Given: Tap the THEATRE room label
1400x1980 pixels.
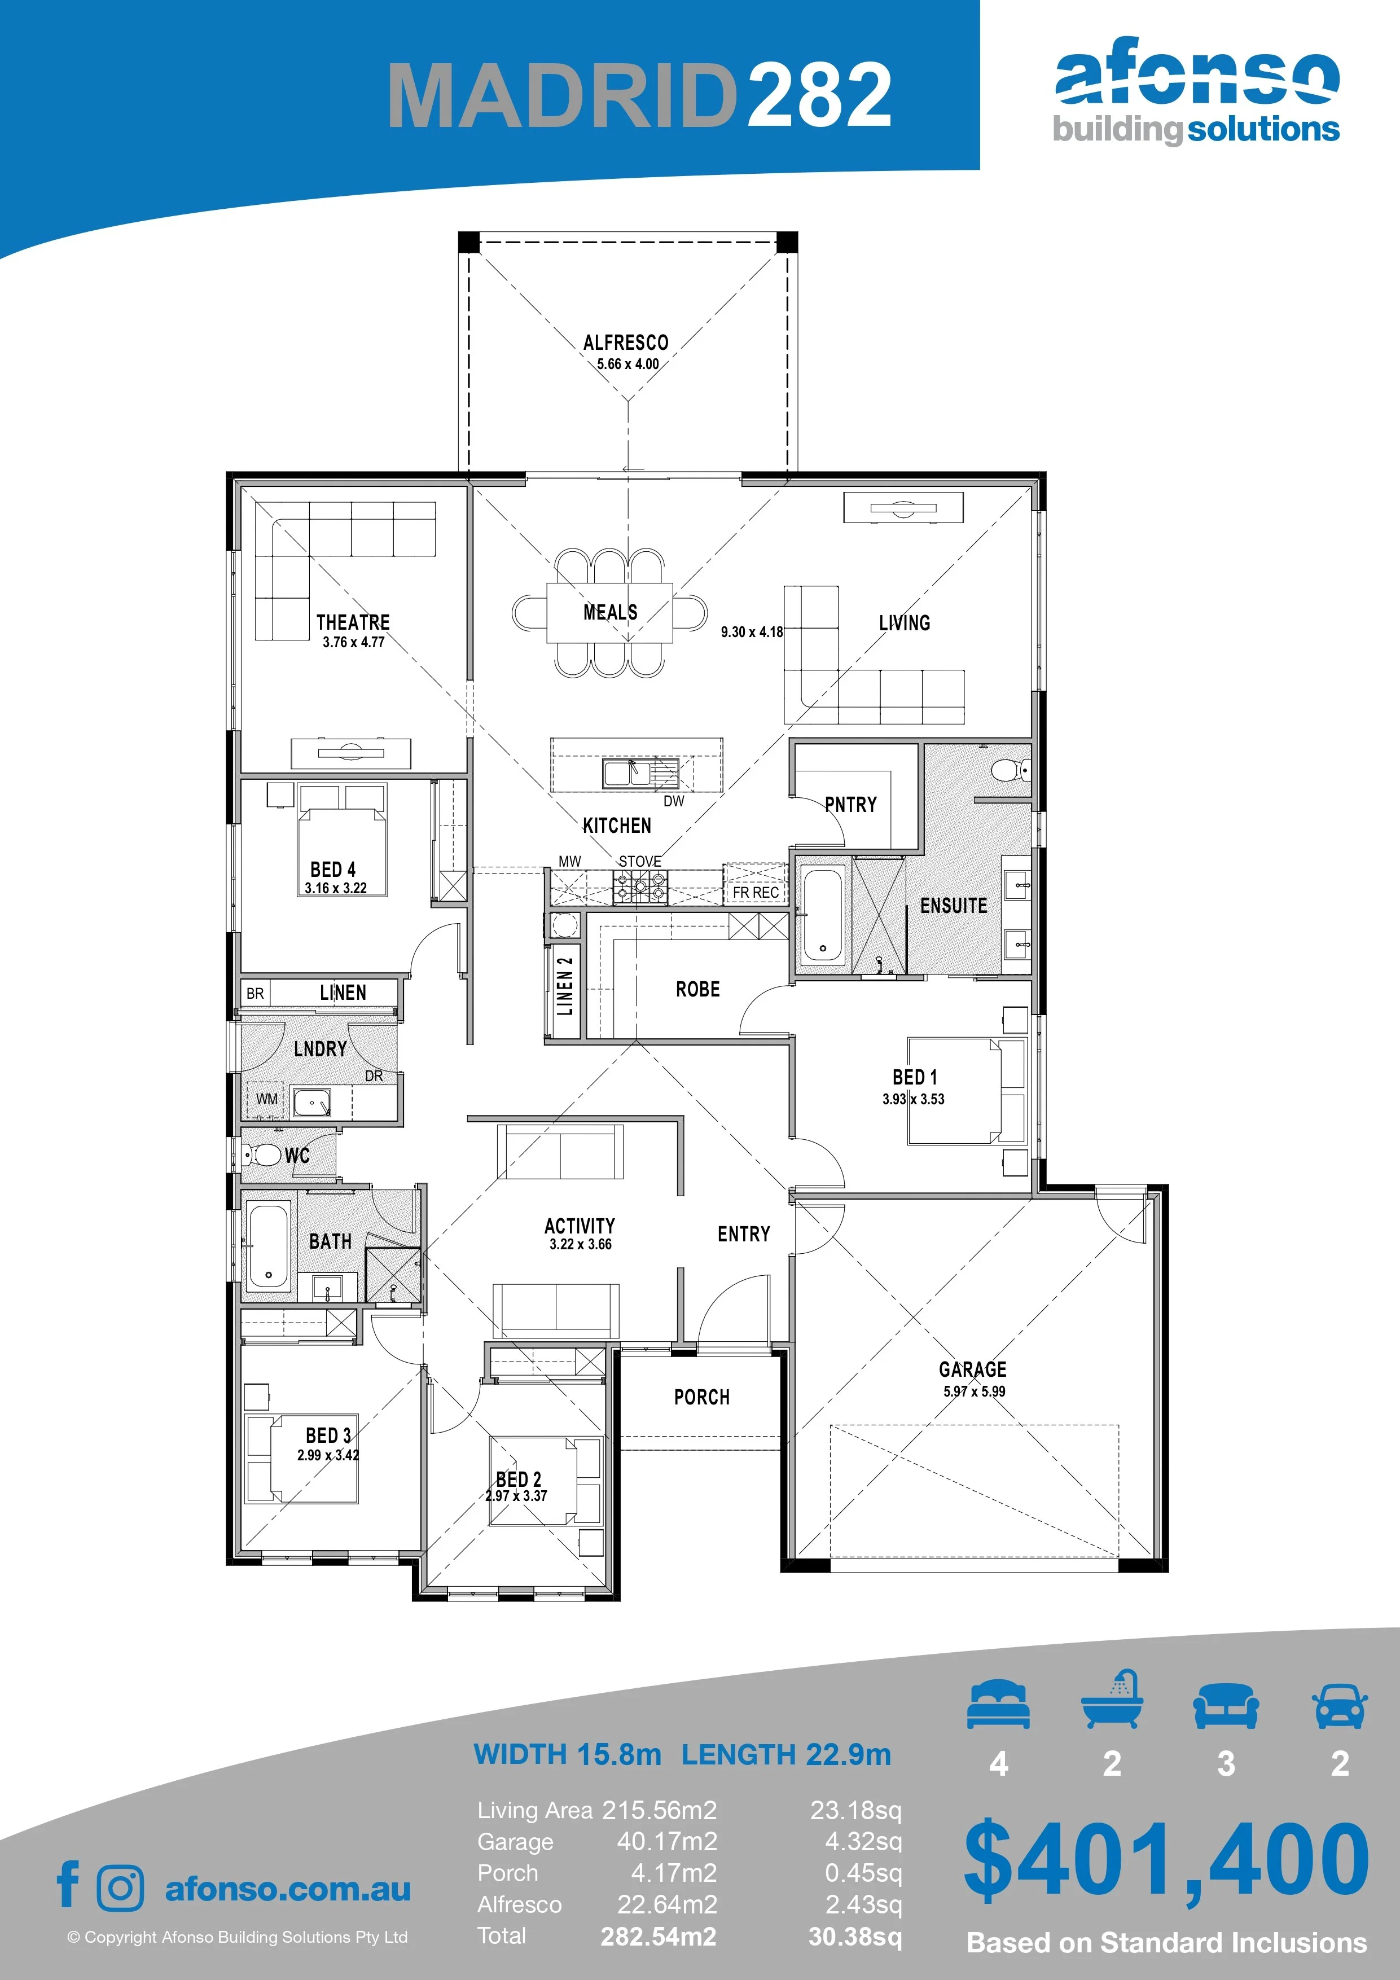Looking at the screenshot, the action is coord(353,622).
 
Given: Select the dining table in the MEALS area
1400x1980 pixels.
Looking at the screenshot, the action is coord(609,612).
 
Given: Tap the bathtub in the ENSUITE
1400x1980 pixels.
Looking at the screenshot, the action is coord(822,916).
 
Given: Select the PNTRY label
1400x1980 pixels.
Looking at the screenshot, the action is coord(850,805).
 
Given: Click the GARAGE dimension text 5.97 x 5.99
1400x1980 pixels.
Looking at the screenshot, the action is coord(974,1391).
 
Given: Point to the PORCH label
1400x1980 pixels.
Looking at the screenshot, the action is coord(701,1397).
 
